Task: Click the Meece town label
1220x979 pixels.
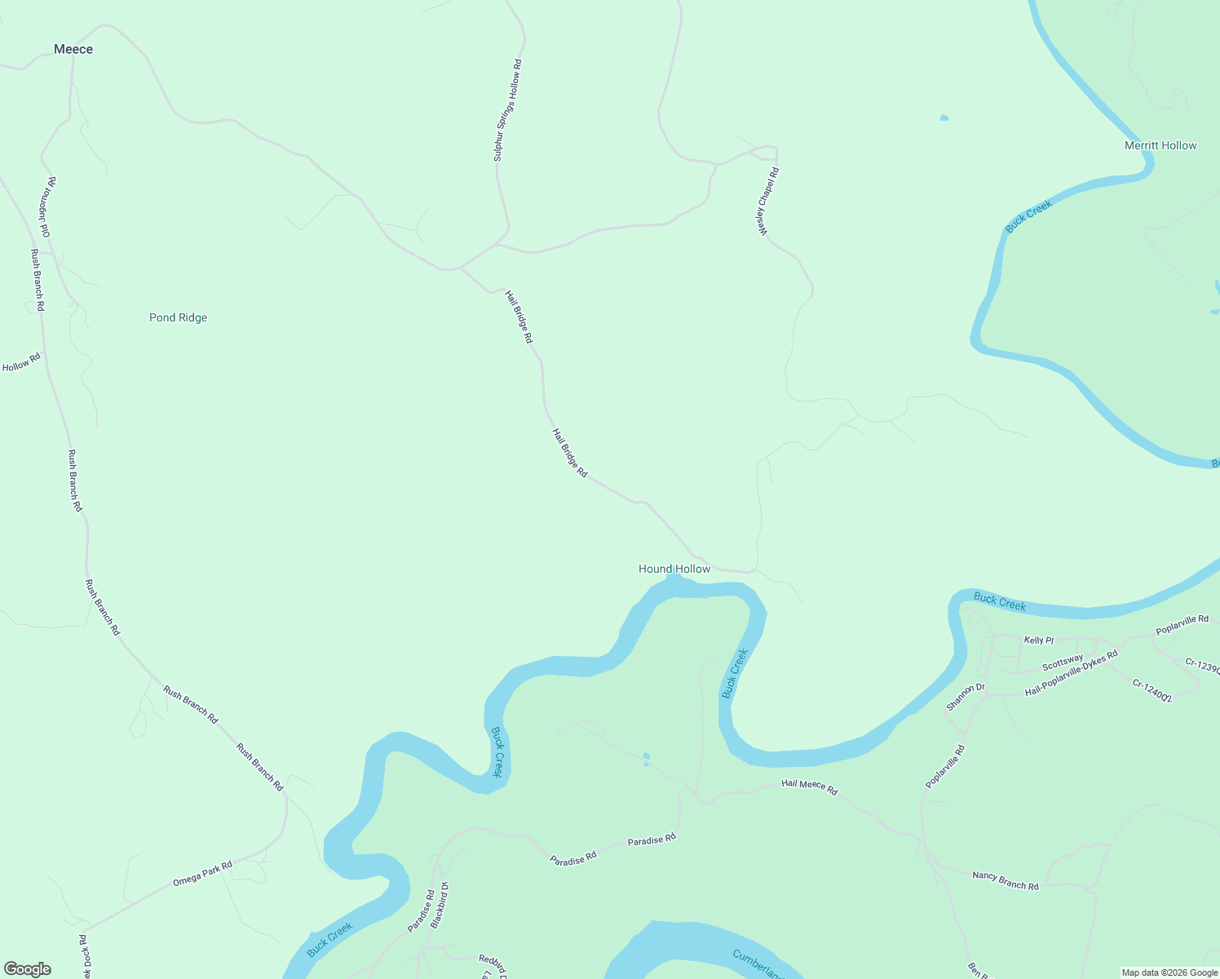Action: [73, 50]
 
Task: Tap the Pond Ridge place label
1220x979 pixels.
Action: [178, 317]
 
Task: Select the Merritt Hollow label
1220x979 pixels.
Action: [1160, 145]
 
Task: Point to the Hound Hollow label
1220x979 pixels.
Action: [674, 569]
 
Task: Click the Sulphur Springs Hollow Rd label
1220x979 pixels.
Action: [507, 110]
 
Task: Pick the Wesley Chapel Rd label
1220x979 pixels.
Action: [768, 202]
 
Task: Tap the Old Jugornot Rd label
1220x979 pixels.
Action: [46, 208]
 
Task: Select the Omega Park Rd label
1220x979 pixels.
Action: [202, 874]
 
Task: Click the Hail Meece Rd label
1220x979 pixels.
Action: [809, 786]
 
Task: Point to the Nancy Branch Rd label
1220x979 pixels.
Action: [1006, 880]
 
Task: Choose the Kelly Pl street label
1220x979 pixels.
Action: [1038, 640]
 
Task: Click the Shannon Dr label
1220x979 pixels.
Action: [966, 696]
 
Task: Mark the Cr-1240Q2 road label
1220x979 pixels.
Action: [1151, 691]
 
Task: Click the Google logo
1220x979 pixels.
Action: [28, 969]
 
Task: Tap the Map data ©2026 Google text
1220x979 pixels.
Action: [1169, 972]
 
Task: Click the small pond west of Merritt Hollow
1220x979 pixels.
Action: [944, 118]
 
